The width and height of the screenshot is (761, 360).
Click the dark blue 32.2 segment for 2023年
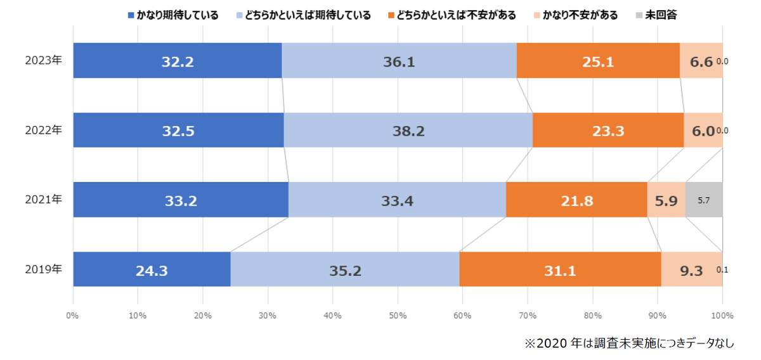pyautogui.click(x=177, y=61)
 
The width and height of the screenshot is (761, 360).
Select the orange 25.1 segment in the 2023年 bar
pyautogui.click(x=598, y=61)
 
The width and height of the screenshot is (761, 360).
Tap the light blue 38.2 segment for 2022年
pyautogui.click(x=408, y=131)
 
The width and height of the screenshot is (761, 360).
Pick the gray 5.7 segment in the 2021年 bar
pyautogui.click(x=703, y=200)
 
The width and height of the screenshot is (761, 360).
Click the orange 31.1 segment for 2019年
pyautogui.click(x=560, y=269)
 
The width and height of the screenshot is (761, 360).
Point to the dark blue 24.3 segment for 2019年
pyautogui.click(x=152, y=269)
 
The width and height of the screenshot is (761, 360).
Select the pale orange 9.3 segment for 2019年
pyautogui.click(x=691, y=269)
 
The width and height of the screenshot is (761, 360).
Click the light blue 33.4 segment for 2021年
pyautogui.click(x=397, y=200)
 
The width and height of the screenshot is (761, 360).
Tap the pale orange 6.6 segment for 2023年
pyautogui.click(x=700, y=61)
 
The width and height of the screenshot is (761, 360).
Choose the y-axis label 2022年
pyautogui.click(x=44, y=131)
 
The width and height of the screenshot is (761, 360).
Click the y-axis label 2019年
pyautogui.click(x=44, y=269)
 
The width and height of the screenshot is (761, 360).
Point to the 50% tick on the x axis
pyautogui.click(x=398, y=315)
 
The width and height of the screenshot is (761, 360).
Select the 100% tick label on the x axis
pyautogui.click(x=722, y=315)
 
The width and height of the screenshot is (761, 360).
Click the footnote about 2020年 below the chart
pyautogui.click(x=628, y=343)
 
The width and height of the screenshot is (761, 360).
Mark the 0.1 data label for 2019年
pyautogui.click(x=722, y=269)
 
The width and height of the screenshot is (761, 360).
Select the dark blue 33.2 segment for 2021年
pyautogui.click(x=181, y=200)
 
